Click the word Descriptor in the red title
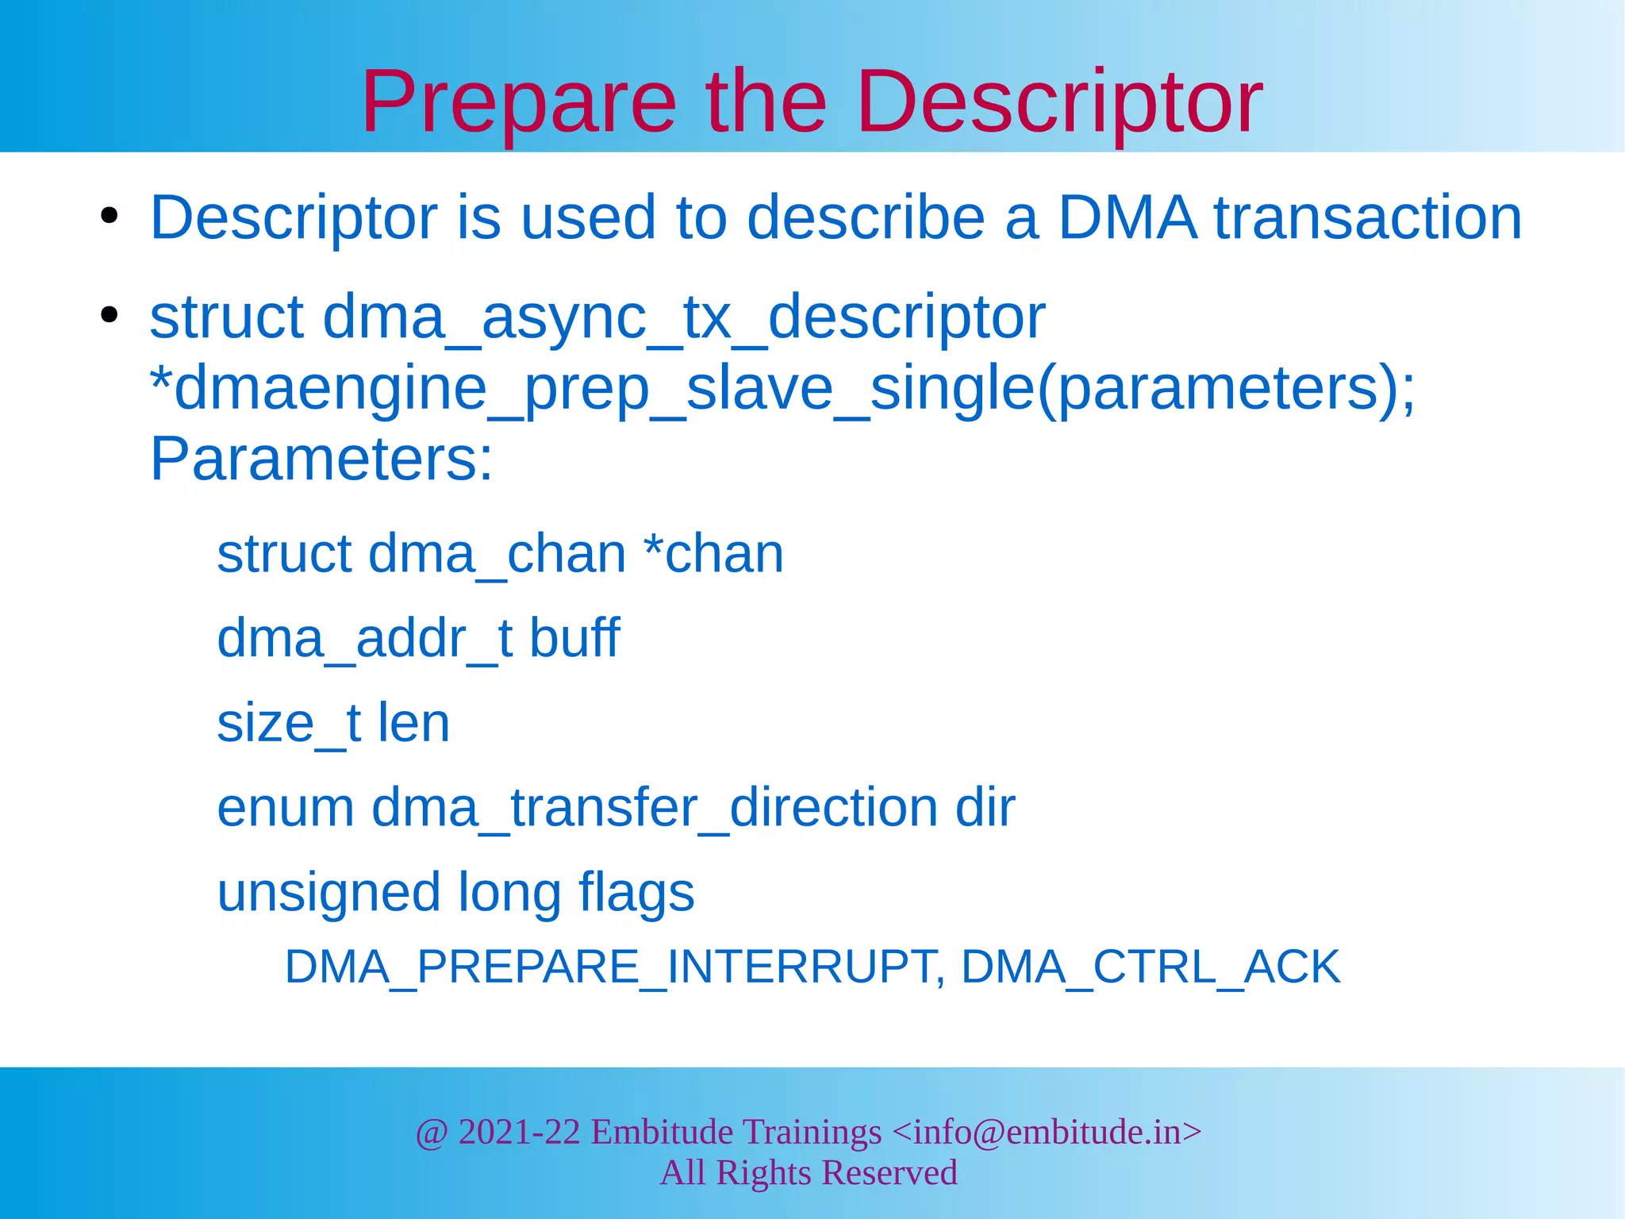click(x=1059, y=103)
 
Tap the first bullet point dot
click(x=109, y=216)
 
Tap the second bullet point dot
click(x=109, y=315)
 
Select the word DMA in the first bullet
click(x=1128, y=217)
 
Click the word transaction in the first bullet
click(x=1368, y=217)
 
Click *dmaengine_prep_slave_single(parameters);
click(x=782, y=389)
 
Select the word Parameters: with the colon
click(x=321, y=460)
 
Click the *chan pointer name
click(x=713, y=554)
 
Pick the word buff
click(x=574, y=638)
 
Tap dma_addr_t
click(x=364, y=638)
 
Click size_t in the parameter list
click(x=289, y=723)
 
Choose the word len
click(x=413, y=723)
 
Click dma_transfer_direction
click(x=655, y=808)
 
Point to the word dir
click(x=985, y=808)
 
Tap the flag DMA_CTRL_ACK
click(x=1151, y=967)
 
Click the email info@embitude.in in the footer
click(x=1047, y=1132)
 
